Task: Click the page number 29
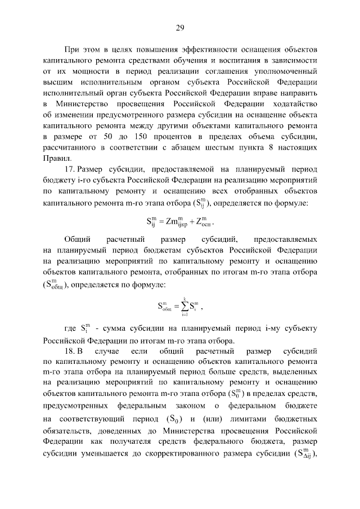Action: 180,29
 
